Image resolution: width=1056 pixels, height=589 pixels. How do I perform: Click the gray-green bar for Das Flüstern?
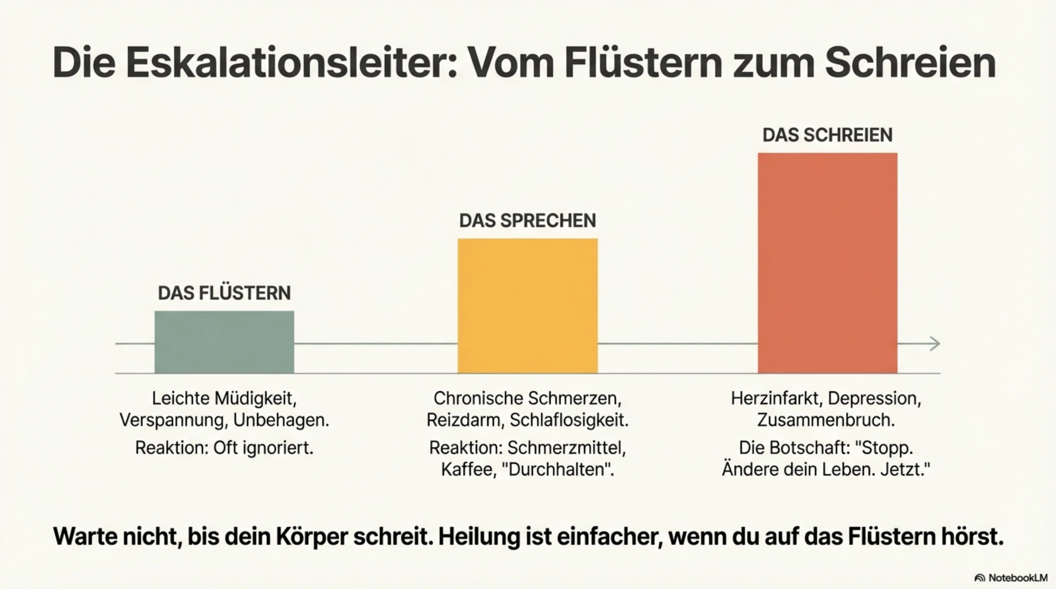(224, 342)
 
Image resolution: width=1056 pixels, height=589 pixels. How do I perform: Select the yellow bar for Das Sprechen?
(527, 306)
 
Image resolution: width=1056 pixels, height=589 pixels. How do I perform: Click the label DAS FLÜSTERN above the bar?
(224, 293)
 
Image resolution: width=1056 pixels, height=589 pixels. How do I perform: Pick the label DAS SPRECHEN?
(527, 221)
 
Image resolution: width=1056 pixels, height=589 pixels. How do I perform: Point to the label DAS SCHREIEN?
(827, 135)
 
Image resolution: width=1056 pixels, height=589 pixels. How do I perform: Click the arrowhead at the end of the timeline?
(935, 344)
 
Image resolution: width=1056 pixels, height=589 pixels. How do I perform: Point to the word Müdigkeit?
(255, 399)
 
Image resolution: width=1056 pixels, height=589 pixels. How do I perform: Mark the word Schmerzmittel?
(566, 448)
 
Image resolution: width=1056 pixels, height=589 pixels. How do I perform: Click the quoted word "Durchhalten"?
(558, 469)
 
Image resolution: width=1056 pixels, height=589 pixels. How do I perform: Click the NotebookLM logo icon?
(979, 578)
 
